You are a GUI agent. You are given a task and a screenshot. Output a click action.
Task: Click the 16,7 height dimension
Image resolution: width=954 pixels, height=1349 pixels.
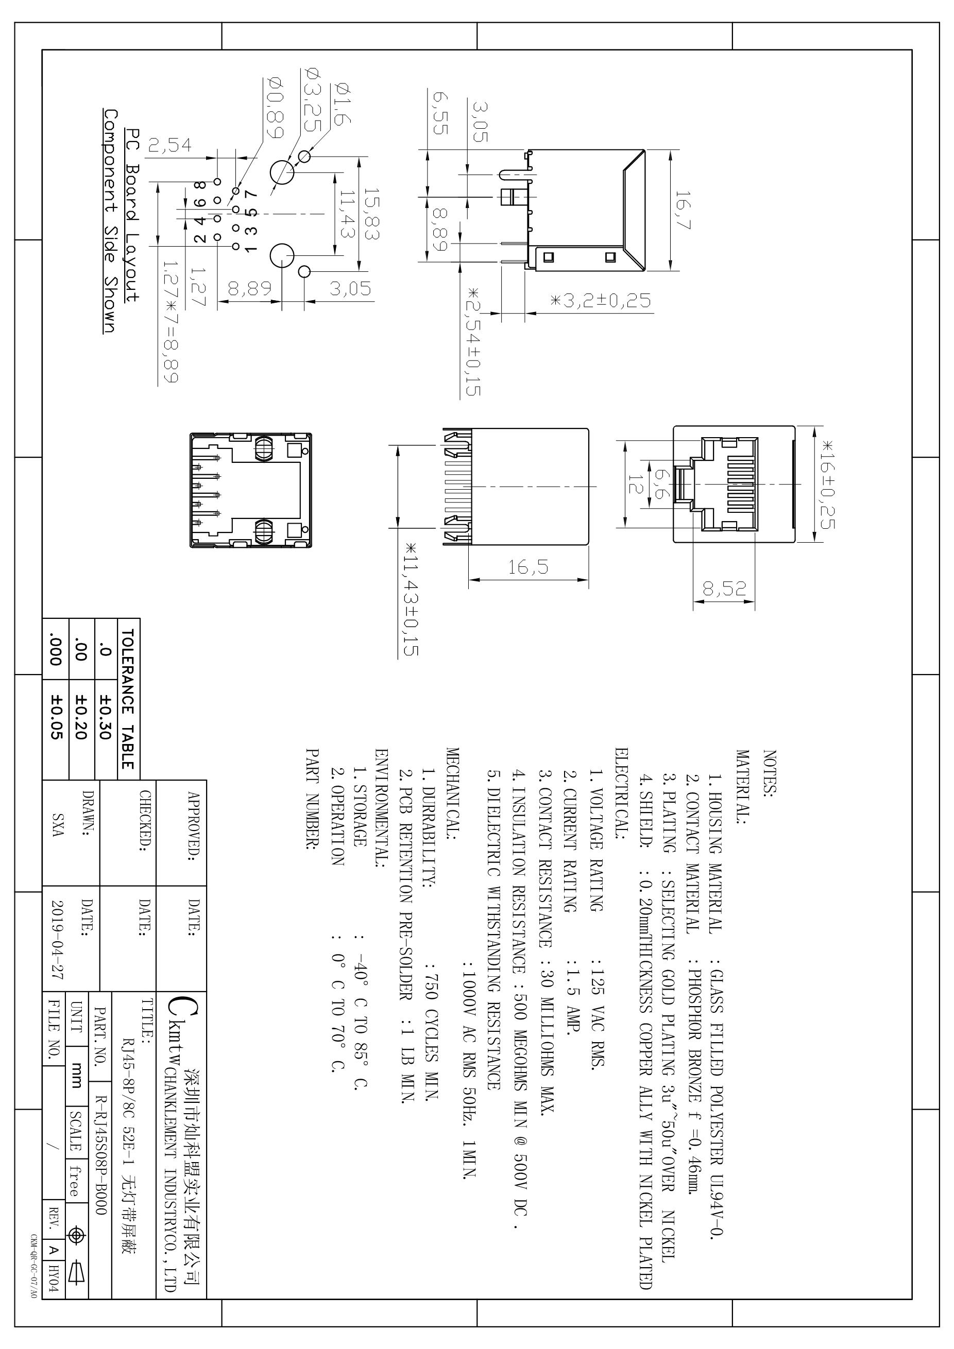point(684,210)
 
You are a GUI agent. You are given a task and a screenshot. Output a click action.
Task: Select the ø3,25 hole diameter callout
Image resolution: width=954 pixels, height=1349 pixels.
point(312,99)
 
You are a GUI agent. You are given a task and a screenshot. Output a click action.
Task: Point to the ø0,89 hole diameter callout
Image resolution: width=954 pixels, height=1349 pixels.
point(276,107)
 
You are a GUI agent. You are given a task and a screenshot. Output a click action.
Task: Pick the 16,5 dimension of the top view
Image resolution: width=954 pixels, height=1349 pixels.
point(529,567)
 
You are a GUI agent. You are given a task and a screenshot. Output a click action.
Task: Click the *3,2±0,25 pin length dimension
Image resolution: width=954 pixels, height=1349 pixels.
point(601,301)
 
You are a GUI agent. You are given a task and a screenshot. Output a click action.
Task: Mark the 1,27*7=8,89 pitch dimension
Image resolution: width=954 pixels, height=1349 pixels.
point(171,322)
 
